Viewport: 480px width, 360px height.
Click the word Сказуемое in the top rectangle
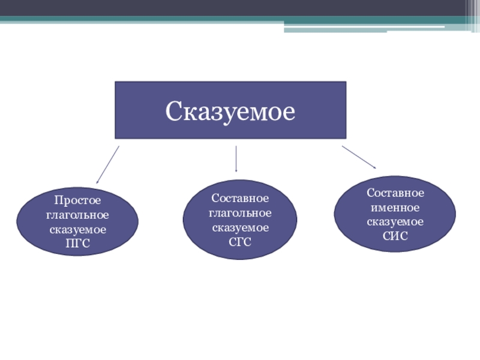(x=230, y=111)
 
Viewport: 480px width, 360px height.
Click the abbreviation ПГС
(x=77, y=244)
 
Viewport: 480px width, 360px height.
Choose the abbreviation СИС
(x=395, y=235)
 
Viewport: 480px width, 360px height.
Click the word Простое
(x=77, y=200)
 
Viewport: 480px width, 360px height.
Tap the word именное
(x=395, y=208)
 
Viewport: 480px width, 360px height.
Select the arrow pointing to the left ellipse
(x=108, y=164)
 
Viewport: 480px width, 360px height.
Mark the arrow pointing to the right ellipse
(x=359, y=157)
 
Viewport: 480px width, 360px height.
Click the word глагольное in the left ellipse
(x=77, y=214)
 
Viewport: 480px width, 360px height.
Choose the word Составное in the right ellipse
(x=395, y=193)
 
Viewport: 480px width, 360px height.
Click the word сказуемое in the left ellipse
(x=77, y=229)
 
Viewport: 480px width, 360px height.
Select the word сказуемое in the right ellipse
(x=395, y=221)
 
